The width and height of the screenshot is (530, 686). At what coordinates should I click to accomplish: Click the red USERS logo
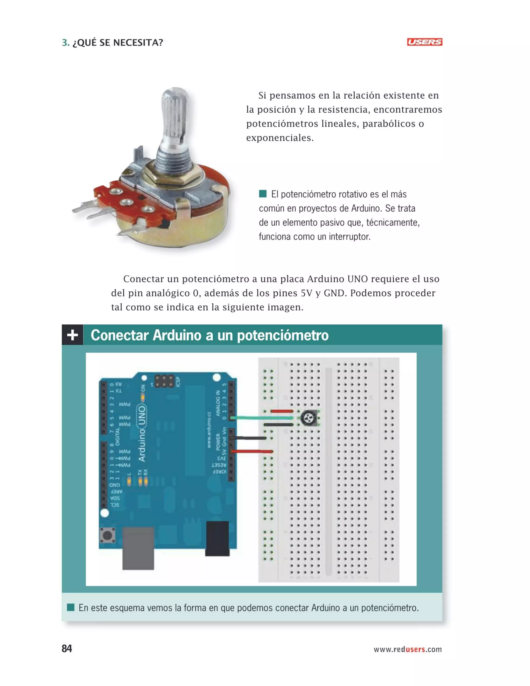(424, 42)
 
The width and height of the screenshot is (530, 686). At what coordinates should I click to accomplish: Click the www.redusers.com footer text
(407, 649)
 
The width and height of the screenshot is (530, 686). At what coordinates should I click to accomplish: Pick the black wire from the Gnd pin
(250, 438)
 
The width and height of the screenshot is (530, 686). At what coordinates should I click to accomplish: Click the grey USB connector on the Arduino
(138, 548)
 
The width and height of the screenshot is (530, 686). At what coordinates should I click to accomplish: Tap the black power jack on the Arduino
(217, 538)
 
